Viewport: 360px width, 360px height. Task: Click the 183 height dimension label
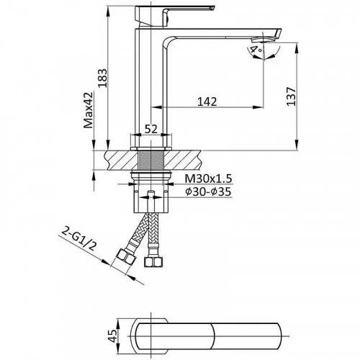102,78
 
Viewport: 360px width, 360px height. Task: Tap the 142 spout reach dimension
207,102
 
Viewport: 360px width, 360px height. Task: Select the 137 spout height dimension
291,96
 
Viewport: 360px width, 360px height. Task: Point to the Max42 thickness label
88,110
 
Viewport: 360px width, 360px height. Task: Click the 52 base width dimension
151,129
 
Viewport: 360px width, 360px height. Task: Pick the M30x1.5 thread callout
208,179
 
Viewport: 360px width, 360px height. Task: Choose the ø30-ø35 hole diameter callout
208,192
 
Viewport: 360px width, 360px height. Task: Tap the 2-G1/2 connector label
78,239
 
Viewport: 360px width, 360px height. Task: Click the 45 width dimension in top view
112,336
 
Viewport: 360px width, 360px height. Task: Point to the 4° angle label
255,50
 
